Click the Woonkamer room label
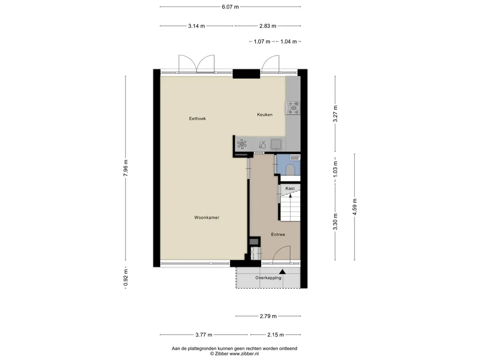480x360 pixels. [x=207, y=217]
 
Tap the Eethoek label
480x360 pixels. [x=197, y=119]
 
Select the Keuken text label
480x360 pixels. [x=265, y=115]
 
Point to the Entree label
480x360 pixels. [x=278, y=234]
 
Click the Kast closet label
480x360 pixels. [x=290, y=188]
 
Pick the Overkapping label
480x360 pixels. [x=268, y=278]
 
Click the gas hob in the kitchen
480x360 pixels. [x=293, y=108]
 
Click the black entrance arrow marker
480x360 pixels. [x=282, y=271]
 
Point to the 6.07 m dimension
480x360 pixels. [x=230, y=7]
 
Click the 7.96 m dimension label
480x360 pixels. [x=126, y=168]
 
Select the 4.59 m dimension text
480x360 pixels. [x=355, y=207]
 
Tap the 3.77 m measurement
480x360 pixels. [x=204, y=335]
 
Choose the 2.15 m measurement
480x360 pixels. [x=276, y=335]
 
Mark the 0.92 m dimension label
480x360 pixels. [x=126, y=277]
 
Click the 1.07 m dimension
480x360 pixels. [x=262, y=42]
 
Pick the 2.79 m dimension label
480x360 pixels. [x=268, y=316]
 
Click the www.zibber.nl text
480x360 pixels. [x=244, y=354]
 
